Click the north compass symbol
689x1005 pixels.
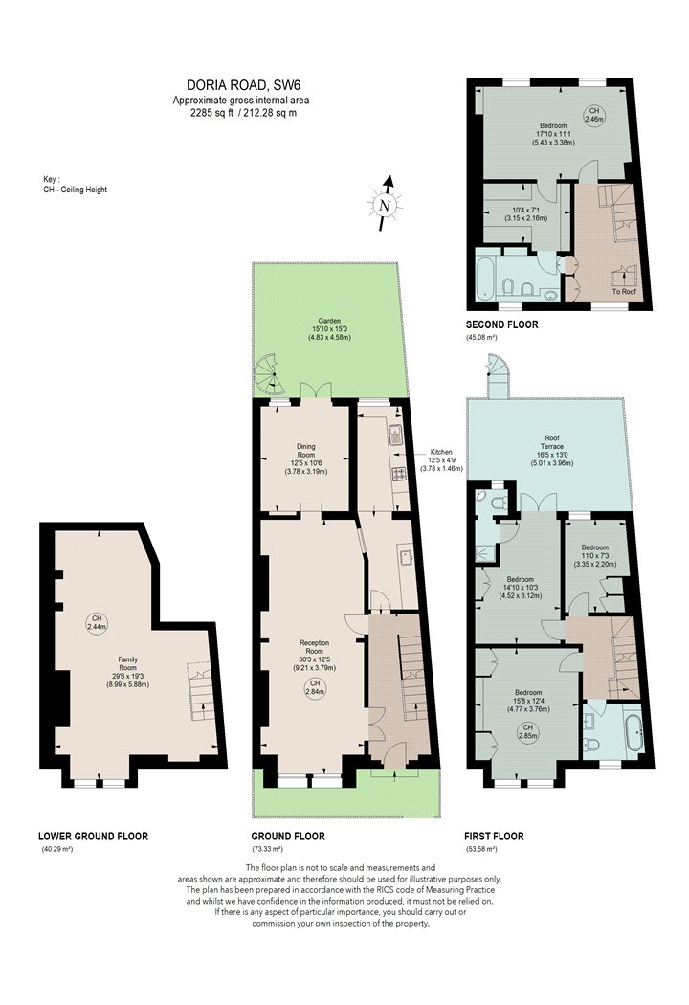[385, 204]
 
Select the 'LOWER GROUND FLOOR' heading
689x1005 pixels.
[93, 836]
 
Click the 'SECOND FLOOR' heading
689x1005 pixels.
[501, 324]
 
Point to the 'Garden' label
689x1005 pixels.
[329, 321]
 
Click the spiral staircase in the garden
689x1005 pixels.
[269, 375]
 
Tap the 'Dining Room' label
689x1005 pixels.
[305, 451]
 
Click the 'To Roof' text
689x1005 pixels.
[624, 292]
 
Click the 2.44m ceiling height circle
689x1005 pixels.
[98, 622]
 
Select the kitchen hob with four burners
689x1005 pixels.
[400, 474]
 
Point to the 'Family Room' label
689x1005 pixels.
[127, 663]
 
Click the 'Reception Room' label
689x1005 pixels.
[315, 647]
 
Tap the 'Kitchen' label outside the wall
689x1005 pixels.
[440, 452]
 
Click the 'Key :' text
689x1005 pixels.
[52, 180]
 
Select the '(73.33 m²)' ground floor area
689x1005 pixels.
[267, 850]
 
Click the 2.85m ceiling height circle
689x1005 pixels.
[527, 731]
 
